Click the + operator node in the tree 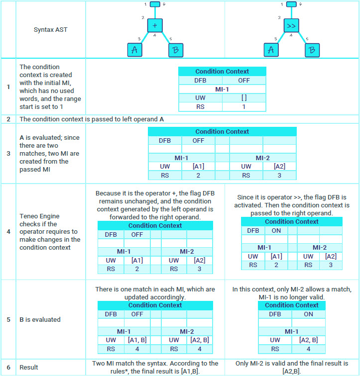point(155,25)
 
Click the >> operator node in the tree point(291,25)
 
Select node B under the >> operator point(312,50)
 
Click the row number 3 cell point(8,153)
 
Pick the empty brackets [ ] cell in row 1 point(244,98)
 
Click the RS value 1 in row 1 point(244,107)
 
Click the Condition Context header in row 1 point(222,72)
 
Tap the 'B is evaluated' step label point(40,319)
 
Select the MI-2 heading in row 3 point(263,158)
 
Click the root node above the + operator point(155,4)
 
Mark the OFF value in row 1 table point(244,80)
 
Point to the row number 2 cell point(8,119)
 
